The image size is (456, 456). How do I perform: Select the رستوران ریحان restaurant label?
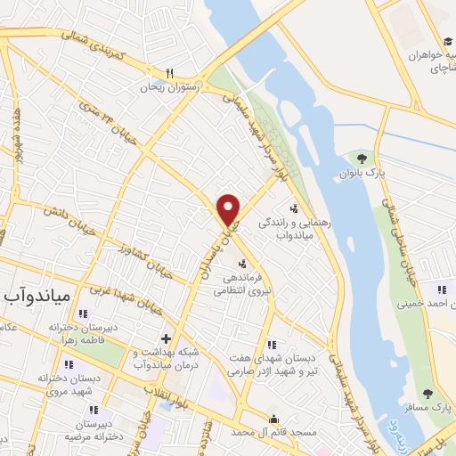point(170,89)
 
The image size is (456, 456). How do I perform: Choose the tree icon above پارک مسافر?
point(427,393)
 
